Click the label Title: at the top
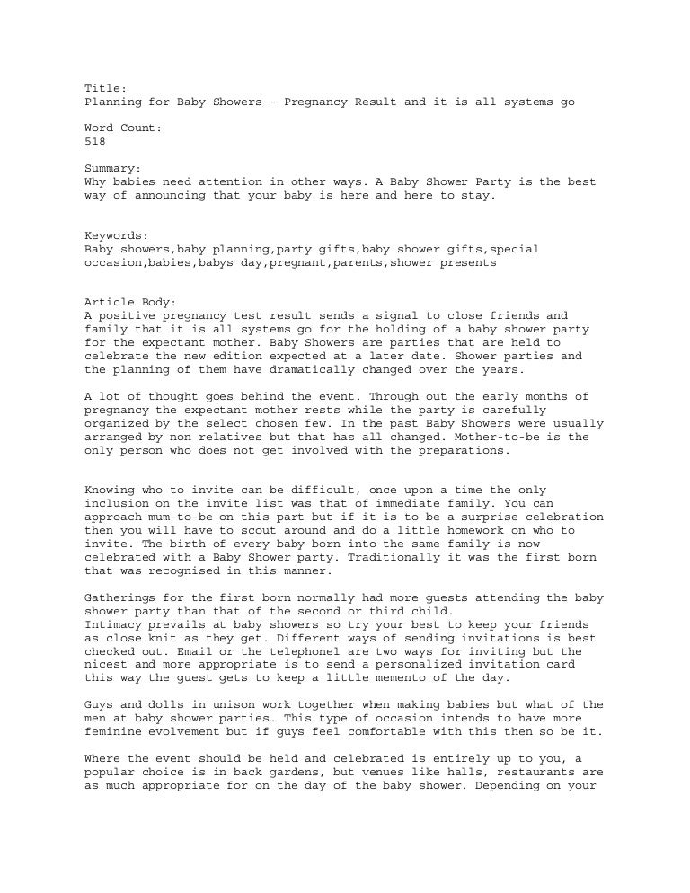tap(105, 88)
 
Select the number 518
tap(94, 141)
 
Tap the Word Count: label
tap(123, 128)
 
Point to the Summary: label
tap(112, 168)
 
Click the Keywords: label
tap(116, 234)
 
